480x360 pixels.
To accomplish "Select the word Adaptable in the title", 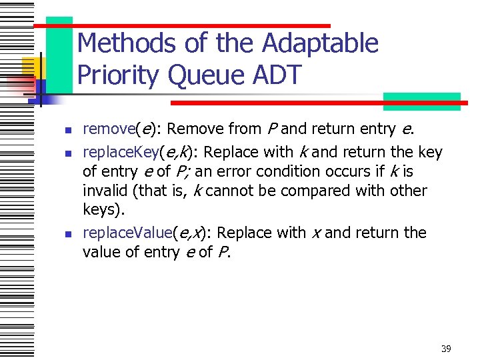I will [321, 44].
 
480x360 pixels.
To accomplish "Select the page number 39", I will [446, 349].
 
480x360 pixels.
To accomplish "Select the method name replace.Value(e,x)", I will [142, 233].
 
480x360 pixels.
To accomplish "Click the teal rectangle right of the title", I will [421, 101].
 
